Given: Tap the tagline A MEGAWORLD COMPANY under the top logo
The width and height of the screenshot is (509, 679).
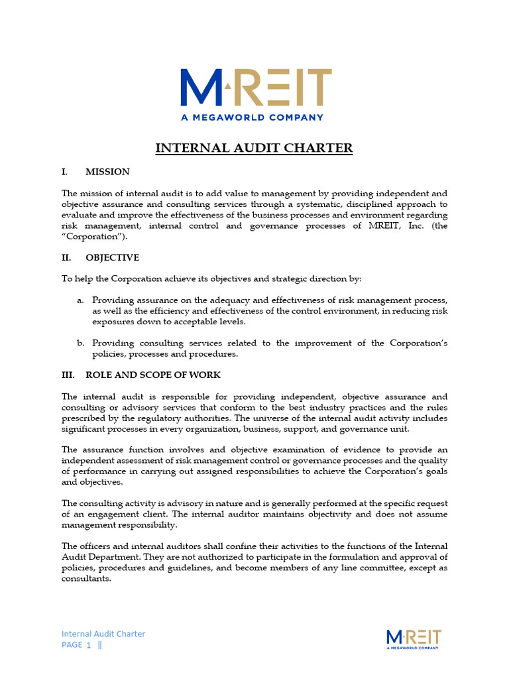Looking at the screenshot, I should click(x=253, y=117).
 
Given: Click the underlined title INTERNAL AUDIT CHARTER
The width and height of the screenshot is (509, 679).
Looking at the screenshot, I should click(x=254, y=148).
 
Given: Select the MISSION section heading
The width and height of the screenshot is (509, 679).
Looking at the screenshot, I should click(x=107, y=172).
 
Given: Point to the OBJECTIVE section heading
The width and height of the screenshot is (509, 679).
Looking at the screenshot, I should click(x=112, y=257).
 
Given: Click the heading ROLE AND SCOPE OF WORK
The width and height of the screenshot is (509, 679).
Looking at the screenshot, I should click(x=153, y=375).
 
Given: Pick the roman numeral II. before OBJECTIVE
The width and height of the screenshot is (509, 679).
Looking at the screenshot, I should click(x=66, y=257).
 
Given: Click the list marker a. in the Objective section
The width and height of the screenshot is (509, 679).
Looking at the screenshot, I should click(x=80, y=300).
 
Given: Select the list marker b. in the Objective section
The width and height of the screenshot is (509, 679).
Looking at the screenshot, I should click(x=80, y=343).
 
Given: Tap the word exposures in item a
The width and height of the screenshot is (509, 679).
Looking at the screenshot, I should click(x=113, y=321).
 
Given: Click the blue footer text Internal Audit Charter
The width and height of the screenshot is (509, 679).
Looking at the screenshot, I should click(x=103, y=633).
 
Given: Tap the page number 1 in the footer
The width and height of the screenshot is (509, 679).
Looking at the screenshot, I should click(x=88, y=645).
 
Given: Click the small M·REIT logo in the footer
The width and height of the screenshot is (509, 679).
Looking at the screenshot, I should click(x=413, y=639).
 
